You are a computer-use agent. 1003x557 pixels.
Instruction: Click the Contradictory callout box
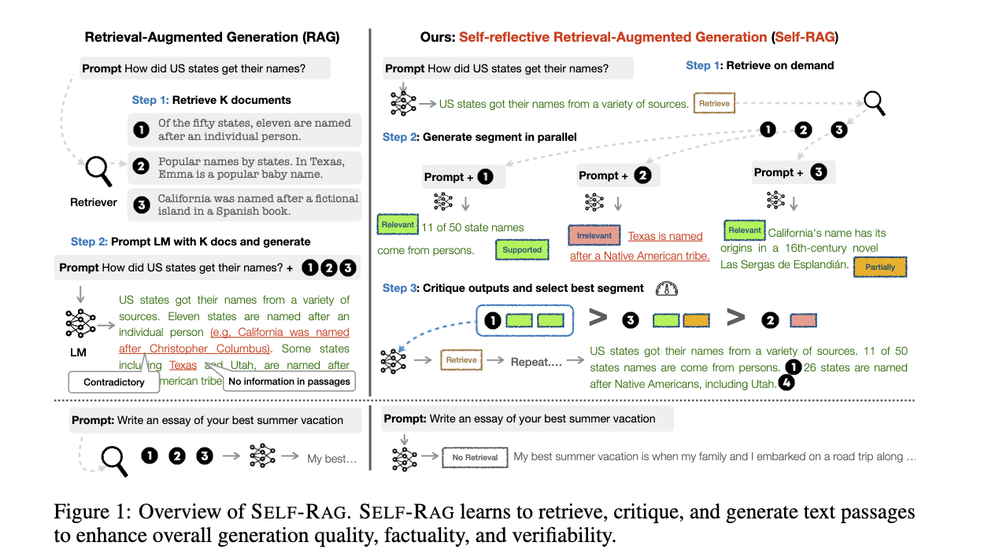[x=114, y=382]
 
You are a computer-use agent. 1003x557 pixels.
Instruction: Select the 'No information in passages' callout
[x=289, y=382]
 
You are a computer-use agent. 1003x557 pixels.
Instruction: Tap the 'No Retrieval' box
[x=475, y=457]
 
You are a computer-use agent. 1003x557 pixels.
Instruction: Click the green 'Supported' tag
[x=522, y=250]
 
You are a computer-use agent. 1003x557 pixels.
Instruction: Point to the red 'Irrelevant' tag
[x=593, y=235]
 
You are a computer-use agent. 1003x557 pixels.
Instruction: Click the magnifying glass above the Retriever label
[x=98, y=168]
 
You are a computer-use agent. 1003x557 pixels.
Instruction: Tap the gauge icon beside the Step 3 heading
[x=666, y=289]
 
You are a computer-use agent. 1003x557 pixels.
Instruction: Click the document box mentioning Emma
[x=243, y=168]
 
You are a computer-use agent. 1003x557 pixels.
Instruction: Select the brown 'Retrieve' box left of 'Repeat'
[x=461, y=360]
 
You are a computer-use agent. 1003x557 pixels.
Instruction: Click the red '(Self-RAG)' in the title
[x=805, y=37]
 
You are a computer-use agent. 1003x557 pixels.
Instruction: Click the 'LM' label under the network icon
[x=78, y=352]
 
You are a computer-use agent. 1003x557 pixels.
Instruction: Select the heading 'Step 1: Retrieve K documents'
[x=211, y=100]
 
